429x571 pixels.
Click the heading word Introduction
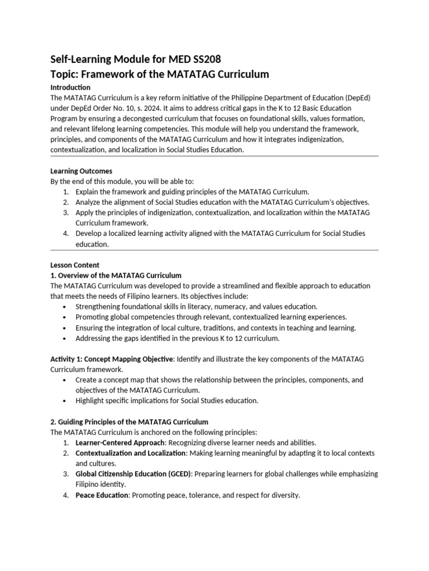click(70, 88)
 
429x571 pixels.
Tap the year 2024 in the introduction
click(148, 108)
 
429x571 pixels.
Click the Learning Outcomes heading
click(82, 171)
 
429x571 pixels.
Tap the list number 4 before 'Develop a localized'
click(65, 234)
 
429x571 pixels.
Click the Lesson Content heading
click(75, 265)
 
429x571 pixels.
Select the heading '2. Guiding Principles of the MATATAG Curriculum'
click(129, 422)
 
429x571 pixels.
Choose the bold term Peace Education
click(102, 495)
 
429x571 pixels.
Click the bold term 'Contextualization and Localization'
click(131, 453)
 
